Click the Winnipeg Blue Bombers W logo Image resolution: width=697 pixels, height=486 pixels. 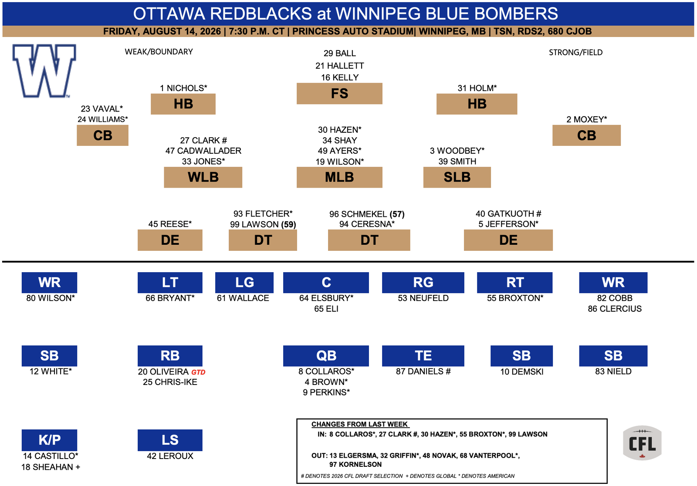point(44,71)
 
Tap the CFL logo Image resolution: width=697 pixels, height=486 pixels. point(642,443)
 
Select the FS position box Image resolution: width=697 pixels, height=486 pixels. point(339,93)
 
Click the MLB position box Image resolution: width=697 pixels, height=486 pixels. point(339,177)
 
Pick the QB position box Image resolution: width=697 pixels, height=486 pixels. point(326,356)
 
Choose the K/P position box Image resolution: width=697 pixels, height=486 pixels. point(50,440)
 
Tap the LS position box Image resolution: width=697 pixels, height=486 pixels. point(170,440)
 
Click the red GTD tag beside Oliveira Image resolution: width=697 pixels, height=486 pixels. point(198,372)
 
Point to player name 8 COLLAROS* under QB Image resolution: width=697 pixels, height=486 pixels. point(326,371)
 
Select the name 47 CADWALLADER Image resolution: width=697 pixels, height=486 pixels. point(203,151)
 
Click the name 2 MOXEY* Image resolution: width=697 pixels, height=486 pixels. point(586,119)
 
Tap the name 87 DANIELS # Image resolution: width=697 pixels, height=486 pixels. point(423,371)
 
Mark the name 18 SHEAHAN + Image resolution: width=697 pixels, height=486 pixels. point(51,467)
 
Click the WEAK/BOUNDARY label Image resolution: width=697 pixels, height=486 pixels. point(159,52)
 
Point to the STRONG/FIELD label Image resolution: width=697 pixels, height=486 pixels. point(575,52)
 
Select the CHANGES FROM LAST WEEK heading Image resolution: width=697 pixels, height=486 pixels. point(360,425)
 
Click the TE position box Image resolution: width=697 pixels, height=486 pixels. point(423,356)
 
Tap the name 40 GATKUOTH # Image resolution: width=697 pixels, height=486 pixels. point(508,214)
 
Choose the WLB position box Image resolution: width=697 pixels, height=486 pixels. point(203,177)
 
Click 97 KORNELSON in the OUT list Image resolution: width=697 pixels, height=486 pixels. point(355,465)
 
